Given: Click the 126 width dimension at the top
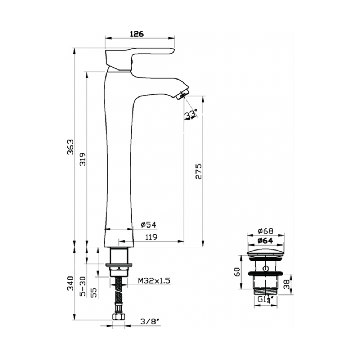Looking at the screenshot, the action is click(137, 34).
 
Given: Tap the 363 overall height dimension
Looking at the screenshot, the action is click(71, 147).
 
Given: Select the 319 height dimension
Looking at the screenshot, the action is click(82, 159).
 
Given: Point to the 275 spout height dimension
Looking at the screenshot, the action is click(198, 171).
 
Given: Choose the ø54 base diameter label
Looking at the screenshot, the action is click(149, 225).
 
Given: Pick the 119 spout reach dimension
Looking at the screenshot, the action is click(151, 237).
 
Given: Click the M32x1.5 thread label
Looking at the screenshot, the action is click(154, 280).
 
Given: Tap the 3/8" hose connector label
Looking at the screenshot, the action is click(150, 321).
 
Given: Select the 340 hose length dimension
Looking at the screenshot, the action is click(71, 283).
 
